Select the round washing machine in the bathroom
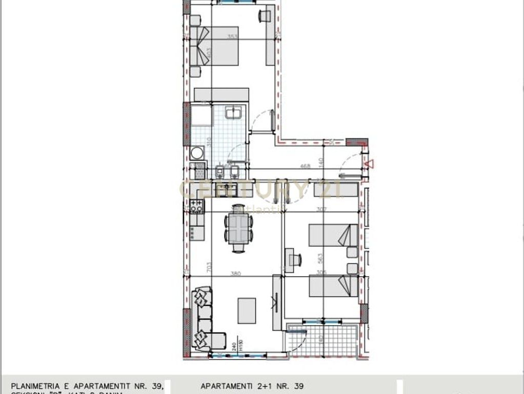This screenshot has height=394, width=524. coord(196,153)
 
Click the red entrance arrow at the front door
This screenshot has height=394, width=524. coord(369,164)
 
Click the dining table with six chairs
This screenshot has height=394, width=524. coord(238,228)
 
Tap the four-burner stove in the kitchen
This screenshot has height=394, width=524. coord(196,206)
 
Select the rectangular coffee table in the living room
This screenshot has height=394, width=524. coord(247,310)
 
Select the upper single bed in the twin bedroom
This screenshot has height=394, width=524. coord(333,235)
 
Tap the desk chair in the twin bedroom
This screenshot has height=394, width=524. coord(295,260)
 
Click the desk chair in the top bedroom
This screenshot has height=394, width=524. coord(265,16)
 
